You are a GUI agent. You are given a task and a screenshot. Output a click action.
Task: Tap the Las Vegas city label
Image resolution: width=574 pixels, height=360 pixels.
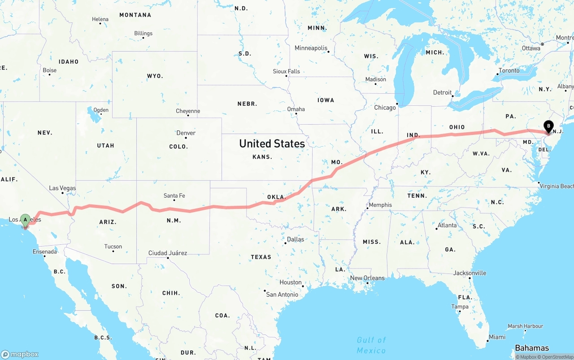click(x=62, y=188)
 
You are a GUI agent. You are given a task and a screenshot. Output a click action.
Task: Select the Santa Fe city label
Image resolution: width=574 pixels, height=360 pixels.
click(x=174, y=196)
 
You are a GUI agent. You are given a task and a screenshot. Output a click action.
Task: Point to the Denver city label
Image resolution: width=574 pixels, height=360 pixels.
click(x=186, y=133)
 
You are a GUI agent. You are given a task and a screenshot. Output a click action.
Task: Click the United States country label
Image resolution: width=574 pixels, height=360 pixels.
click(x=272, y=143)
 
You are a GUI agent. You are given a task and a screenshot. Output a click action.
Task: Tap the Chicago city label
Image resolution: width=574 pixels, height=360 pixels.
click(x=385, y=108)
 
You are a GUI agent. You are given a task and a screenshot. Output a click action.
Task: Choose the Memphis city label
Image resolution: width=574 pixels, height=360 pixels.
click(x=380, y=205)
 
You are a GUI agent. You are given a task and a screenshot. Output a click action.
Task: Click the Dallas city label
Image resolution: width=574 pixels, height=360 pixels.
click(x=295, y=239)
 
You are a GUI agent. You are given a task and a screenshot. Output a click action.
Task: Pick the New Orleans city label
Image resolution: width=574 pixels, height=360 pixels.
click(x=367, y=278)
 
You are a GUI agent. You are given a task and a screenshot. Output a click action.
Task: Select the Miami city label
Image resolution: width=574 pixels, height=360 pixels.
click(x=497, y=337)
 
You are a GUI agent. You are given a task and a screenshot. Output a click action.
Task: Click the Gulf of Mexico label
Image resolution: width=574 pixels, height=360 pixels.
click(x=371, y=345)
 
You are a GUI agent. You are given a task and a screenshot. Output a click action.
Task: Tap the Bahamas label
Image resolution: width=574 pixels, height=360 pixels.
click(x=531, y=348)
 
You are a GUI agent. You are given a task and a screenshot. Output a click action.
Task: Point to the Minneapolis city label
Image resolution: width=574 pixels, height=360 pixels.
click(x=311, y=48)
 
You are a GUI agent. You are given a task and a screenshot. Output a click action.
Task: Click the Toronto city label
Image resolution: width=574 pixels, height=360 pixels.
click(x=509, y=71)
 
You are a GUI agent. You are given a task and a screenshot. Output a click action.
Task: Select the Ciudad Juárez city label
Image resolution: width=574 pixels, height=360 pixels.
click(x=168, y=253)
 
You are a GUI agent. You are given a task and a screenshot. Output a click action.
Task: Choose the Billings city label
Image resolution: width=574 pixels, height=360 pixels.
click(x=143, y=34)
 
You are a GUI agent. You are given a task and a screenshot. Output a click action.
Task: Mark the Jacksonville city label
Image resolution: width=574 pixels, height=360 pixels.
click(x=470, y=273)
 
